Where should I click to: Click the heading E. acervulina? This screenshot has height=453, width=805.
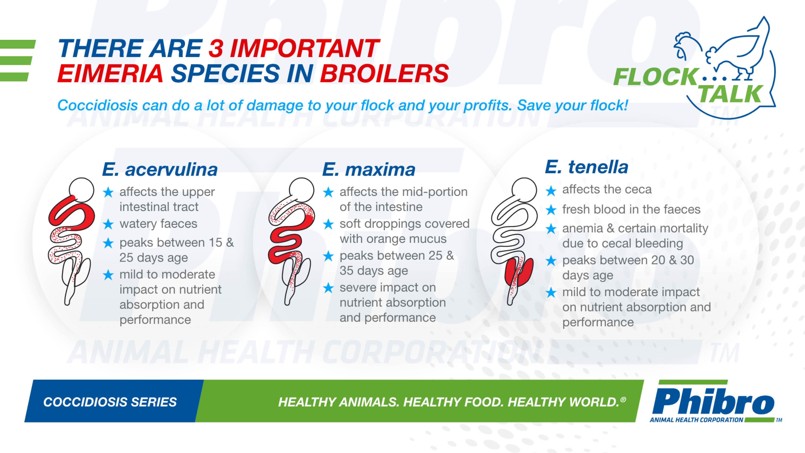pos(160,170)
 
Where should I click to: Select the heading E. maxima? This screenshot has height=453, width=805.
pos(369,170)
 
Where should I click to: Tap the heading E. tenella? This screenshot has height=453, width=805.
pos(587,167)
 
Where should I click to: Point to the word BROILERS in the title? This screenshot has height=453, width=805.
pos(385,73)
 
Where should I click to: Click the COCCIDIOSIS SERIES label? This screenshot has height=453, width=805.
pos(110,402)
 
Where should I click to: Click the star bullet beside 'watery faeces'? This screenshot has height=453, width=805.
pos(108,224)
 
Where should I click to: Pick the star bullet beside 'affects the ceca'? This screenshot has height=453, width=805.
pos(551,190)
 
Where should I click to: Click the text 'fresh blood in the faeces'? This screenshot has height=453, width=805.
pos(631,209)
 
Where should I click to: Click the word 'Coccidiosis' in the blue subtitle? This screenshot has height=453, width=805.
pos(97,105)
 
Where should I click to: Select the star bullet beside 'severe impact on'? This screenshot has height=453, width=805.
pos(328,288)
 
